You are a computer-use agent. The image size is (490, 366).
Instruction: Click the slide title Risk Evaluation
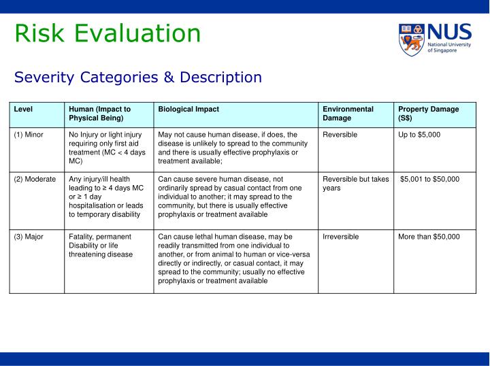point(108,33)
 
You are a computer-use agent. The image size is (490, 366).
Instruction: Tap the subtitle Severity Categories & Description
point(138,77)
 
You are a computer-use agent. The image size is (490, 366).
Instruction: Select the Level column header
point(23,109)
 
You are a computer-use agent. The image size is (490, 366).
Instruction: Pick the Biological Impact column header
point(189,109)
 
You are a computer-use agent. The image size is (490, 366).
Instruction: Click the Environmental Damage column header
point(348,114)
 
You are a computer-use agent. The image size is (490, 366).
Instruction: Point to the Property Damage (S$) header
point(429,114)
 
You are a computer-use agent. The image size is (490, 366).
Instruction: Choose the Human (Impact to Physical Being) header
point(100,114)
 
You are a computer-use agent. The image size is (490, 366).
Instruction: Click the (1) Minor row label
point(29,135)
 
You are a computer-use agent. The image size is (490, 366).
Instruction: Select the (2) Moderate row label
point(35,179)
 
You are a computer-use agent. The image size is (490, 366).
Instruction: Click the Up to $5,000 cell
point(419,135)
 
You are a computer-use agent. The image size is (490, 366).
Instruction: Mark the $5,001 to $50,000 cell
point(429,179)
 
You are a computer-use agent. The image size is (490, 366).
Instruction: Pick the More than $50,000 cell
point(429,237)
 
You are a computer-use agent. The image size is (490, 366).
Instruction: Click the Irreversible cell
point(341,237)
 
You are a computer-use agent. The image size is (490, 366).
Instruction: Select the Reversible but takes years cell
point(355,184)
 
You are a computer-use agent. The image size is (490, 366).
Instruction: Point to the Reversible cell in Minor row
point(340,135)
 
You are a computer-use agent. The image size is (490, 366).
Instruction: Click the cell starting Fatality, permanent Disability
point(101,246)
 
